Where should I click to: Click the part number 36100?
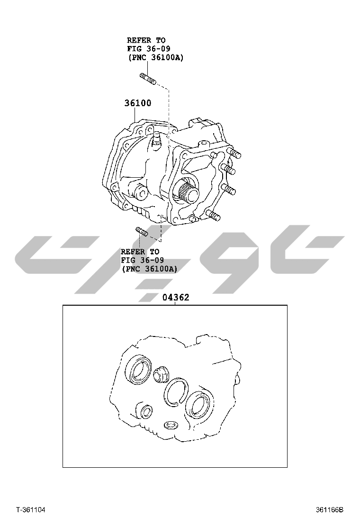pos(138,103)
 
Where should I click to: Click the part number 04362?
pos(176,298)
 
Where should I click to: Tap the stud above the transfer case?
pos(148,79)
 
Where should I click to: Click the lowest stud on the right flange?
pos(214,216)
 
